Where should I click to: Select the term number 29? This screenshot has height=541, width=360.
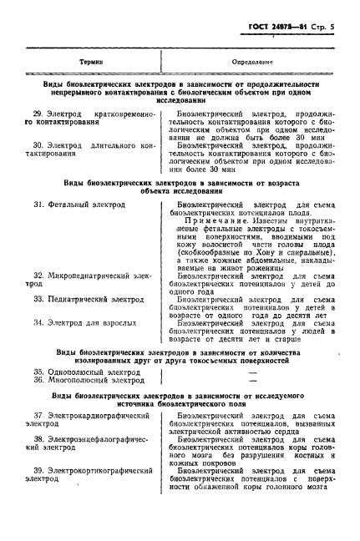point(38,112)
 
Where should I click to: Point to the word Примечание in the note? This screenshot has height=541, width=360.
point(217,220)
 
